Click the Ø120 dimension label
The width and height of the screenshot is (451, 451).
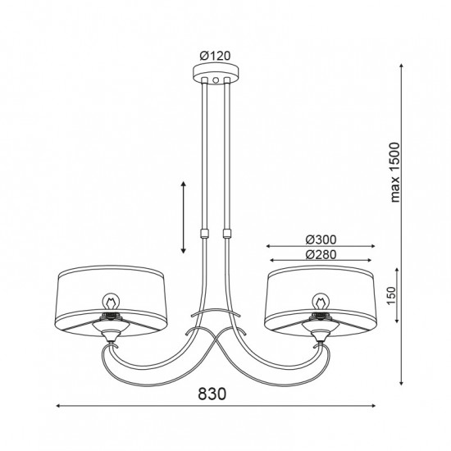click(x=215, y=56)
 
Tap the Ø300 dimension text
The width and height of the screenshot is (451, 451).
click(x=321, y=239)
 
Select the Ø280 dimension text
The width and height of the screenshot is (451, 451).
click(x=321, y=254)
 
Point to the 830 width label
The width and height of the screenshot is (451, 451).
click(x=212, y=394)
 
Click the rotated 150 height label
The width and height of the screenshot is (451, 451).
click(x=391, y=295)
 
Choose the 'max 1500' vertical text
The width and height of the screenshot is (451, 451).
click(x=395, y=172)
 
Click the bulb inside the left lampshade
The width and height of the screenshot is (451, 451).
click(x=111, y=302)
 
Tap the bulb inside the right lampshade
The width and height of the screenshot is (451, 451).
click(x=321, y=302)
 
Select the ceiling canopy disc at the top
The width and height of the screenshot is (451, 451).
click(x=216, y=73)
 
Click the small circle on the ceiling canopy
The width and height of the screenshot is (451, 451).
click(x=216, y=80)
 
